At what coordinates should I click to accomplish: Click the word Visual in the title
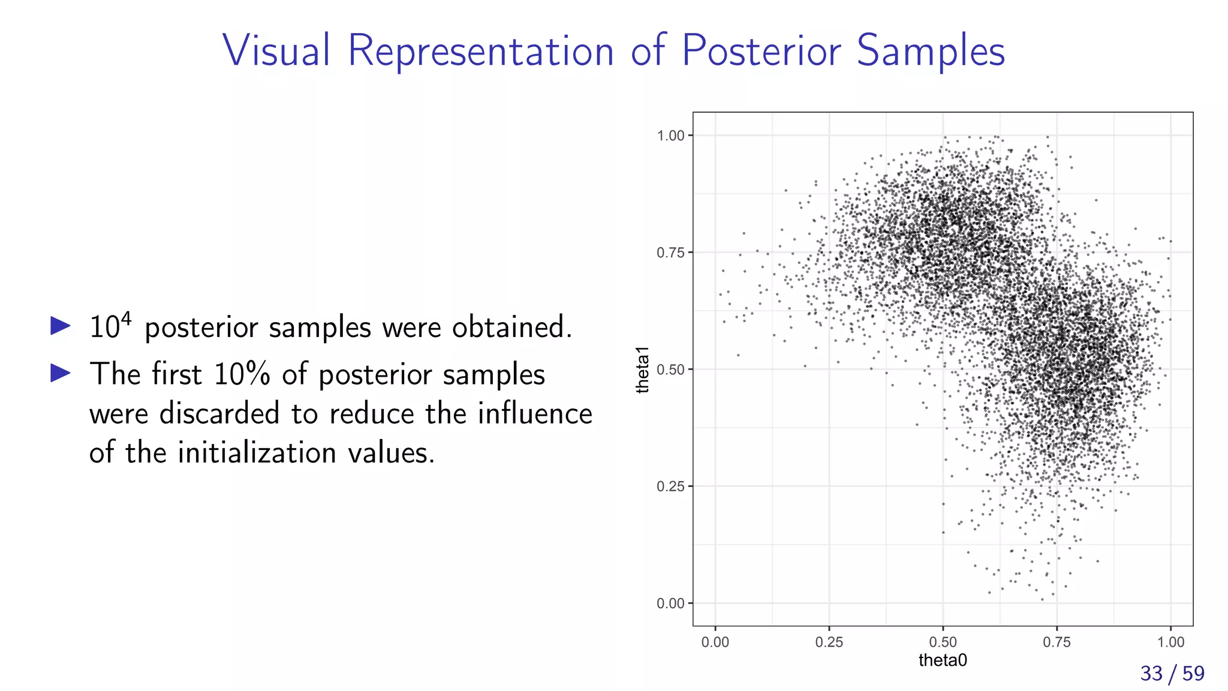tap(276, 50)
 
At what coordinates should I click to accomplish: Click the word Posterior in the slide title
tap(761, 50)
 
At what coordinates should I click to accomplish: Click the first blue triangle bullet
tap(61, 326)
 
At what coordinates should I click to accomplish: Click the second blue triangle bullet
tap(61, 373)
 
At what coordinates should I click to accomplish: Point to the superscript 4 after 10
tap(126, 318)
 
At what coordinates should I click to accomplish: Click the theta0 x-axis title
tap(943, 660)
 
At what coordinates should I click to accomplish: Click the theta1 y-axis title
tap(643, 369)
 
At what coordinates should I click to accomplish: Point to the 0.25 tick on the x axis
tap(829, 642)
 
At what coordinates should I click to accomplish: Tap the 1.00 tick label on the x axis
tap(1170, 642)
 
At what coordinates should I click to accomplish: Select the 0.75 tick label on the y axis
tap(670, 253)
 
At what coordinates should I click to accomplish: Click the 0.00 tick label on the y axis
tap(670, 603)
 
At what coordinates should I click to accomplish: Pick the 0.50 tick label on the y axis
tap(670, 369)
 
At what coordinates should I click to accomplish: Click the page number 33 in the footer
tap(1151, 674)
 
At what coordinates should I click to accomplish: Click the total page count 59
tap(1193, 674)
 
